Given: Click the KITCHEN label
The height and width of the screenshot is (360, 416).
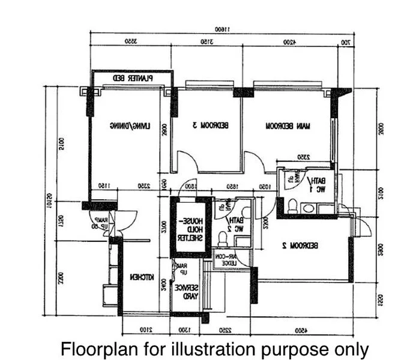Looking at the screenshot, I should point(143,277).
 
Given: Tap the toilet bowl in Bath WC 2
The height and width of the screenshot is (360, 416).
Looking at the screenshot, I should point(222,239).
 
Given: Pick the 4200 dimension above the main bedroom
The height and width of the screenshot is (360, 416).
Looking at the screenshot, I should point(291,43).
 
